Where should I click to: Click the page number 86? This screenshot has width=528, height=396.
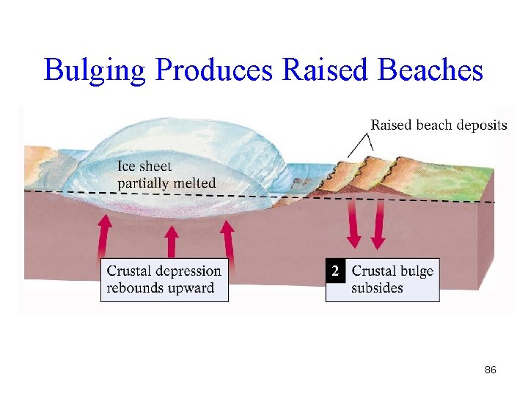(x=491, y=370)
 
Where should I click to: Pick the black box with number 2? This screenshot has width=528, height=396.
(x=335, y=271)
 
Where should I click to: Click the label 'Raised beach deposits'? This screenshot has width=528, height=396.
(x=439, y=125)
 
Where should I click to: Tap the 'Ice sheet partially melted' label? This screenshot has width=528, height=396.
(x=166, y=175)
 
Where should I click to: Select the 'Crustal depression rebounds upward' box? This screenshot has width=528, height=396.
(x=164, y=279)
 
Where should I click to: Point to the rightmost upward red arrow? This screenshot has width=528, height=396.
(x=229, y=238)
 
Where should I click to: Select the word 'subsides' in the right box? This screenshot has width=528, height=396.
(x=377, y=287)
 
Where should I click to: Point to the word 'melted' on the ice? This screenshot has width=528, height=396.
(x=194, y=183)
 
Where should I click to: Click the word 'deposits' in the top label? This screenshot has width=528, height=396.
(x=481, y=125)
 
